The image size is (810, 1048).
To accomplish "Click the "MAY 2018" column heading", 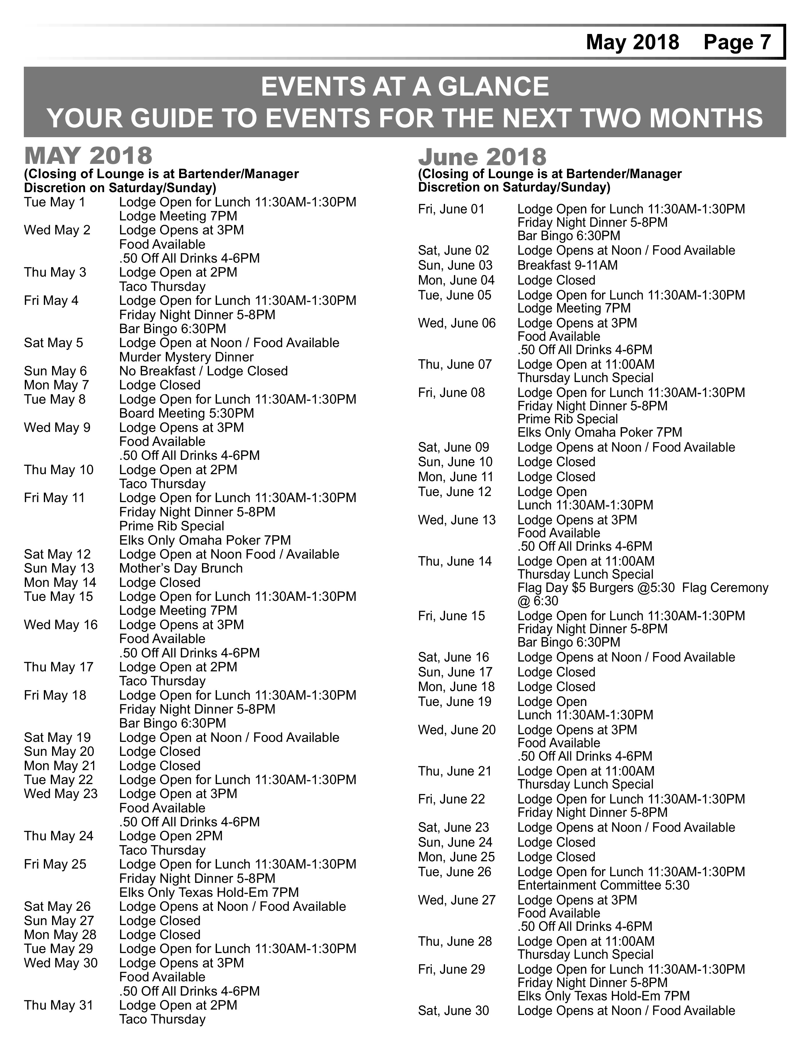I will (88, 156).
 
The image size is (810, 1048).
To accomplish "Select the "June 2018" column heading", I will (482, 158).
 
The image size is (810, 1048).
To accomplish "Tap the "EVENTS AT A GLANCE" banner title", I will (404, 87).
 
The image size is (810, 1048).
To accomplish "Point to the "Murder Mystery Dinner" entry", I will (186, 357).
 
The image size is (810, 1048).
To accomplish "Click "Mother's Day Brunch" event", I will (181, 568).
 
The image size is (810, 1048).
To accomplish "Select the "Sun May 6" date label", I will (56, 371).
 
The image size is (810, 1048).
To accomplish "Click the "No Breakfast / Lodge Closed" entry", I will (204, 371).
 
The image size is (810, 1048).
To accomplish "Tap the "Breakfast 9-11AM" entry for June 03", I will (568, 265).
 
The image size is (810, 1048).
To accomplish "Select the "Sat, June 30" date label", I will (454, 1011).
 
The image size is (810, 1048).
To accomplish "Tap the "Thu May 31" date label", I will (58, 1005).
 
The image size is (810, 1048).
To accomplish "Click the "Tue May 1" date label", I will (55, 202).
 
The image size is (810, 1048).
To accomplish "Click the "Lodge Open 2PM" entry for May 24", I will (171, 836).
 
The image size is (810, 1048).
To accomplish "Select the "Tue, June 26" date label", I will (455, 872).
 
